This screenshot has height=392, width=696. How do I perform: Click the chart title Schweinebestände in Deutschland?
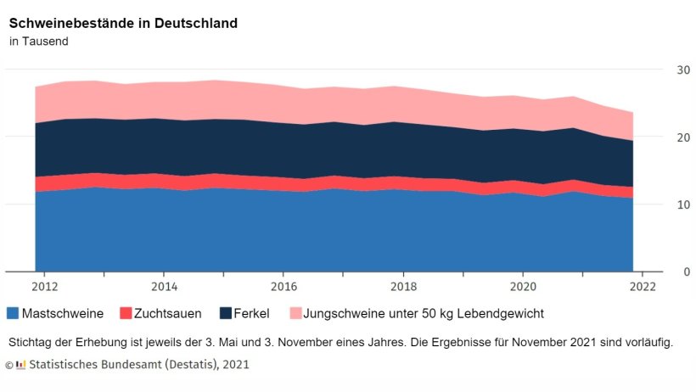click(123, 23)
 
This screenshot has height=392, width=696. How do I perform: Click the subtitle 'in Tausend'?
click(39, 41)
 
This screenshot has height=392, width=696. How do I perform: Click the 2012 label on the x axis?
click(45, 287)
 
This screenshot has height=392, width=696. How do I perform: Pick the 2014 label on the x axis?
click(165, 287)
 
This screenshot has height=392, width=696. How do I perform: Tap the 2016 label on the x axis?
click(284, 287)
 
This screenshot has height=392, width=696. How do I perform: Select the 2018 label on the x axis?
click(403, 287)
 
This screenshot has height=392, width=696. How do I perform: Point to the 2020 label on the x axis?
click(523, 287)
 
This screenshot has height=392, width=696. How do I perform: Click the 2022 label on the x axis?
click(643, 287)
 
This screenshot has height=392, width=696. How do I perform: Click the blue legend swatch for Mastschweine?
click(13, 313)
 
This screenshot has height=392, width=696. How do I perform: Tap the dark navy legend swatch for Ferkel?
click(225, 313)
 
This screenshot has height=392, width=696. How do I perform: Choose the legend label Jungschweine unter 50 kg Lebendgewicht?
click(424, 313)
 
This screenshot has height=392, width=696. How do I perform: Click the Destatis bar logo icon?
click(21, 365)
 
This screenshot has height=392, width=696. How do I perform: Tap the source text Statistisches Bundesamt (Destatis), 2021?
click(139, 365)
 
